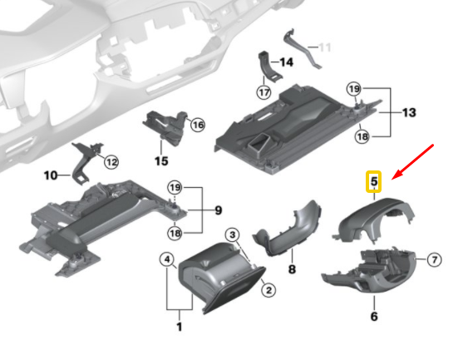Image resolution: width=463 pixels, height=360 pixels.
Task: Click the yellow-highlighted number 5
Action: [x=374, y=180]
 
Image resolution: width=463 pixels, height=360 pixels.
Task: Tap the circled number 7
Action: [x=433, y=260]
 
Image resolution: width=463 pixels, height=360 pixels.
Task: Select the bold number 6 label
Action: [x=373, y=317]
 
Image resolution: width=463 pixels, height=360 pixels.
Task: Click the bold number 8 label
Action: [x=292, y=269]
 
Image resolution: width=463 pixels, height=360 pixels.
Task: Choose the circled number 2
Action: [x=268, y=290]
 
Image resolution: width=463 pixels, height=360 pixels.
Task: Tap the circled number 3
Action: [x=234, y=236]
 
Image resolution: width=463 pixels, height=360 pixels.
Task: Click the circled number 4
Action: [x=168, y=261]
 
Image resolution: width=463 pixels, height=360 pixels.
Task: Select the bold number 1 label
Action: [x=179, y=327]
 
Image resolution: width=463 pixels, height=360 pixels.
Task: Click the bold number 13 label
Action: [x=408, y=112]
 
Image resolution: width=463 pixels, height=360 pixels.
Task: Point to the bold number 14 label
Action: [x=287, y=62]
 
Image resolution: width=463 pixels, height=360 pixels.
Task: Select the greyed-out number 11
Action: [x=325, y=47]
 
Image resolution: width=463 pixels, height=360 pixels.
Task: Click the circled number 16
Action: [x=197, y=125]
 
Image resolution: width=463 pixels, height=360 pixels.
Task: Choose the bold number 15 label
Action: [x=161, y=158]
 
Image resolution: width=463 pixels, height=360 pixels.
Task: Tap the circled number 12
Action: [x=111, y=162]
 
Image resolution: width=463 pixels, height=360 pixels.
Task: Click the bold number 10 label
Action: [x=51, y=175]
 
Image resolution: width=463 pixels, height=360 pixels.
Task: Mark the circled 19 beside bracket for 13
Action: [x=354, y=89]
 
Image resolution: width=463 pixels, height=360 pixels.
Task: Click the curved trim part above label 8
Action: [x=291, y=229]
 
